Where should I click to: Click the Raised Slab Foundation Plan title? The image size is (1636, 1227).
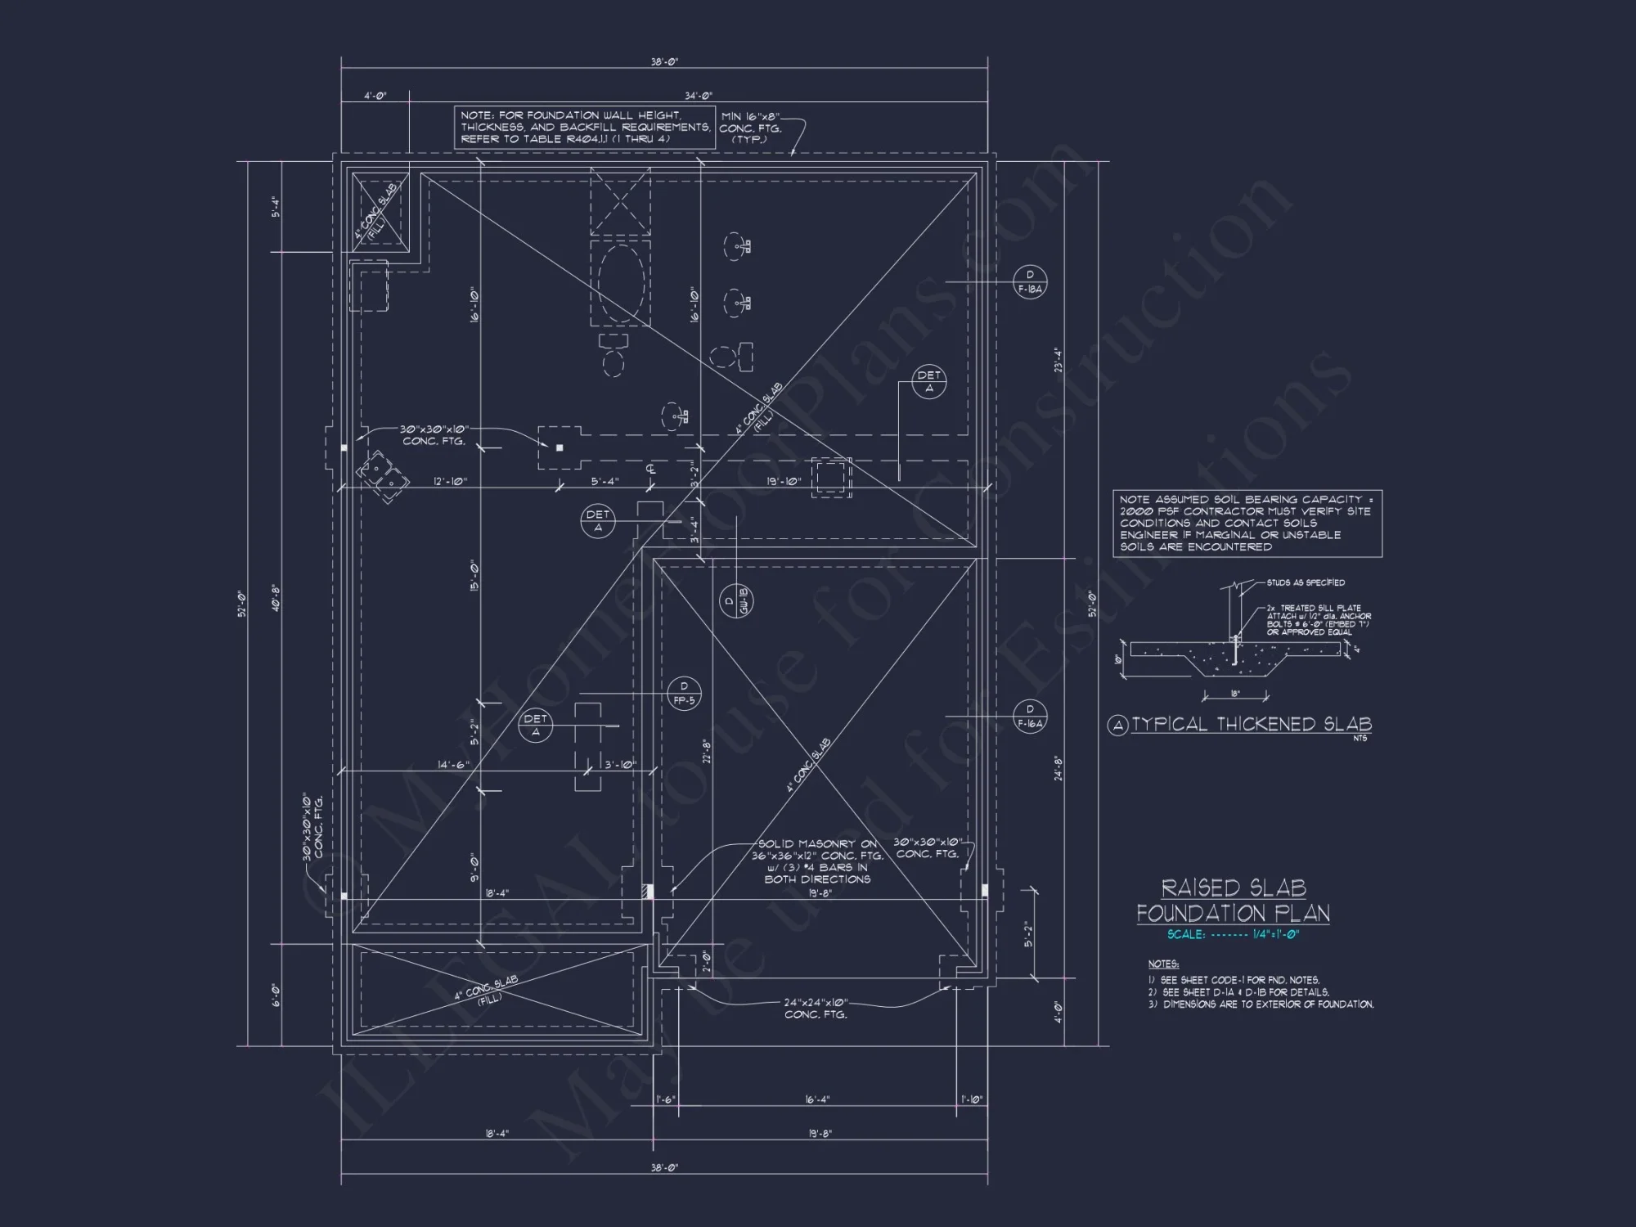(1233, 900)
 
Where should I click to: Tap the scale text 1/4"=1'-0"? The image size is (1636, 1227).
(1275, 935)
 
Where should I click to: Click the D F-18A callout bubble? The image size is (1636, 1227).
(1030, 281)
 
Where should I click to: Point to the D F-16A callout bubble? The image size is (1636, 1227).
(1030, 716)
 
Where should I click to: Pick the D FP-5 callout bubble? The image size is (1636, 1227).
(684, 693)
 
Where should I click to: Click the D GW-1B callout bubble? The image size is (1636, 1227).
(736, 601)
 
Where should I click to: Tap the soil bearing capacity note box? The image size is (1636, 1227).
(1247, 524)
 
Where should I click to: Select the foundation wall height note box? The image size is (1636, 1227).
(585, 128)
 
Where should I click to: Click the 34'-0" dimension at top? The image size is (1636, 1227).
(699, 96)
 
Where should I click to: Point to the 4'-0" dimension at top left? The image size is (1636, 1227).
(375, 96)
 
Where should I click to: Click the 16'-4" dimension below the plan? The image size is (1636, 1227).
(816, 1100)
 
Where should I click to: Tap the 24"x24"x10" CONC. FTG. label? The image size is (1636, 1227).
(816, 1008)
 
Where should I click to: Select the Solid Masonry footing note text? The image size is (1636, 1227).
(817, 861)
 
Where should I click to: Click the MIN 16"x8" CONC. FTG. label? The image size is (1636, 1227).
(750, 128)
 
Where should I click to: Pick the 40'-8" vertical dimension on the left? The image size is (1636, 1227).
(276, 599)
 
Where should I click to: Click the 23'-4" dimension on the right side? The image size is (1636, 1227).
(1057, 360)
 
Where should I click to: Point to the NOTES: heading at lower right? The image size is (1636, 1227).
(1162, 964)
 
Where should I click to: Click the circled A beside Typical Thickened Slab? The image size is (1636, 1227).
(1117, 726)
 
